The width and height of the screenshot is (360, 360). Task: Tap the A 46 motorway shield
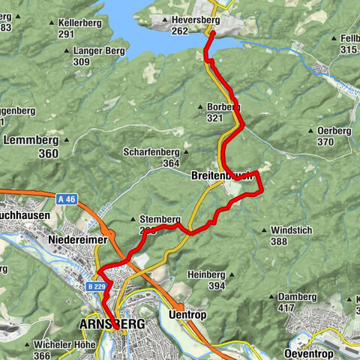pos(67,199)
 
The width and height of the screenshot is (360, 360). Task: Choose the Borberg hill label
pos(223,107)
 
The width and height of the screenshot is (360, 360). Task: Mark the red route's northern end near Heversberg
pos(212,34)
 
